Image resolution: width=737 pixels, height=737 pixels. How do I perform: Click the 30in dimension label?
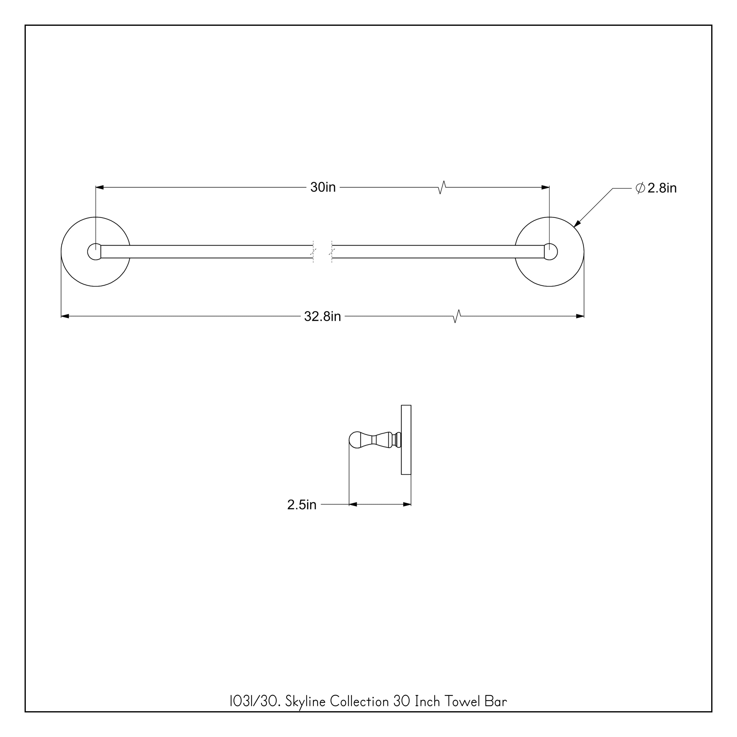(x=323, y=187)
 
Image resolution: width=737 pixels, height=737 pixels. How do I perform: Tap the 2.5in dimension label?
(x=302, y=505)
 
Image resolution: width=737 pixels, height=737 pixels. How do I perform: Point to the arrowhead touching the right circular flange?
(x=577, y=224)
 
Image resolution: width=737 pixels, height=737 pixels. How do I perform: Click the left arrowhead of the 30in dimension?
(x=99, y=187)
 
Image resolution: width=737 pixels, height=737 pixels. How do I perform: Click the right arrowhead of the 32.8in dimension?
(x=580, y=316)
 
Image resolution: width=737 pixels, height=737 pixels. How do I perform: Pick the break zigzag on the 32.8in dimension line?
(x=457, y=316)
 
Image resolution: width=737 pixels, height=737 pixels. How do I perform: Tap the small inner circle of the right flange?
(x=551, y=252)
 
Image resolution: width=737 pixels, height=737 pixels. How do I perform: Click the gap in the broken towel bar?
(x=323, y=252)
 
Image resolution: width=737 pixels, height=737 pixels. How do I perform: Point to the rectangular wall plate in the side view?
(x=406, y=440)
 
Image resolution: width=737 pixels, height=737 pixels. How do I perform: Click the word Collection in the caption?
(x=359, y=702)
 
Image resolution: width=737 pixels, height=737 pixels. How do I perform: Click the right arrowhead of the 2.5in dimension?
(x=407, y=504)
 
